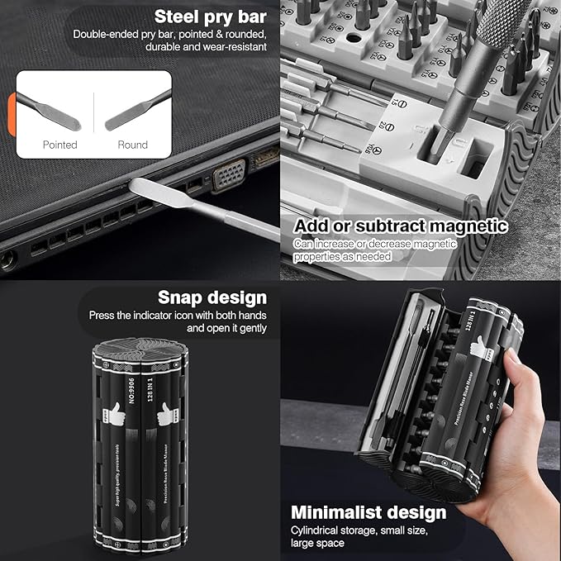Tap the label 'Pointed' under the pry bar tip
pyautogui.click(x=59, y=145)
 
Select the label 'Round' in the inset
pyautogui.click(x=132, y=145)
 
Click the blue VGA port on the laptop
pyautogui.click(x=229, y=174)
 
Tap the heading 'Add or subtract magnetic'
pyautogui.click(x=400, y=226)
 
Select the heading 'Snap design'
pyautogui.click(x=212, y=297)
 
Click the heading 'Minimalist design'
pyautogui.click(x=368, y=512)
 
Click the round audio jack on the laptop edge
pyautogui.click(x=8, y=261)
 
